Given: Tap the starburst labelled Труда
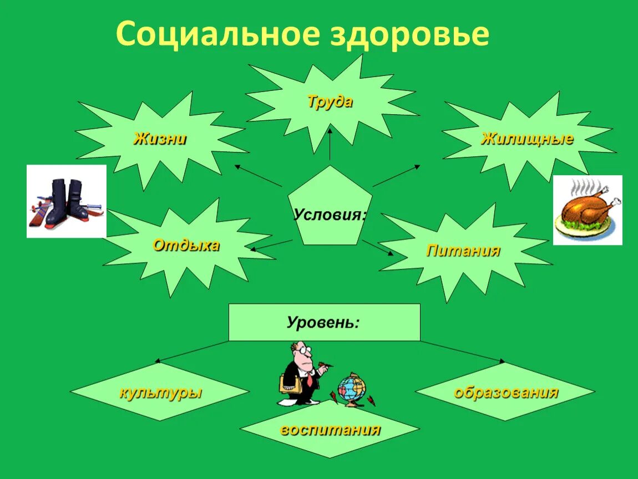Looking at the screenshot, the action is click(x=330, y=102).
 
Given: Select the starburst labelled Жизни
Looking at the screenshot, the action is click(x=160, y=139).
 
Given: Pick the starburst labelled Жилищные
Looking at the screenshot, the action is click(x=526, y=139).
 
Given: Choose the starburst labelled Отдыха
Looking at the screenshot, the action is click(x=186, y=245).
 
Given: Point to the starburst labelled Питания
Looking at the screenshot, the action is click(x=463, y=251).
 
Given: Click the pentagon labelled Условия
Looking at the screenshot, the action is click(x=330, y=213).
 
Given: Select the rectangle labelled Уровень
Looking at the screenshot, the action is click(x=324, y=322).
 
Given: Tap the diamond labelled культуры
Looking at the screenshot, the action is click(x=160, y=393).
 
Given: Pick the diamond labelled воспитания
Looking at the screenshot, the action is click(x=330, y=430).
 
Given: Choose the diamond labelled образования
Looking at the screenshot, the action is click(x=505, y=393).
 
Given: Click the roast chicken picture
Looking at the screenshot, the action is click(x=587, y=210).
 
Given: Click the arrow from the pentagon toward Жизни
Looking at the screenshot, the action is click(x=258, y=175).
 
